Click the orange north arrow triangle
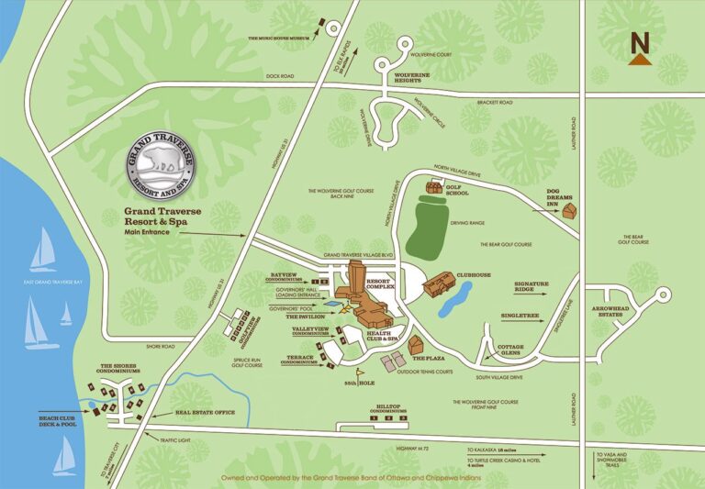[x=639, y=59]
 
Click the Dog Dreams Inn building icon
[x=571, y=211]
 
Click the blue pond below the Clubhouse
[x=456, y=297]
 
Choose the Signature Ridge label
[x=537, y=286]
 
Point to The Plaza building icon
[x=416, y=345]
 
